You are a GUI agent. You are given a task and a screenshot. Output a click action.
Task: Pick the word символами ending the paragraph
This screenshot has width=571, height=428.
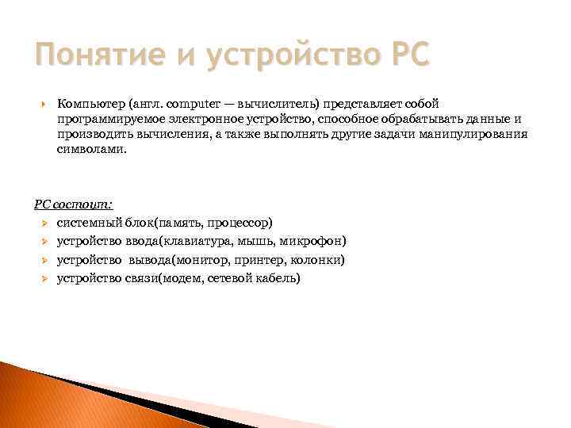(x=90, y=149)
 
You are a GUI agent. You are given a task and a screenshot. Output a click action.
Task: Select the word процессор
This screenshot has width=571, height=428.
(x=242, y=224)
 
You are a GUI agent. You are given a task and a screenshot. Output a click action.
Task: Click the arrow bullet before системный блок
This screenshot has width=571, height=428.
(x=45, y=224)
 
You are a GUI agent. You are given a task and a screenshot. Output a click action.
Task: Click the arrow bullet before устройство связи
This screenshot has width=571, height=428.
(x=45, y=278)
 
